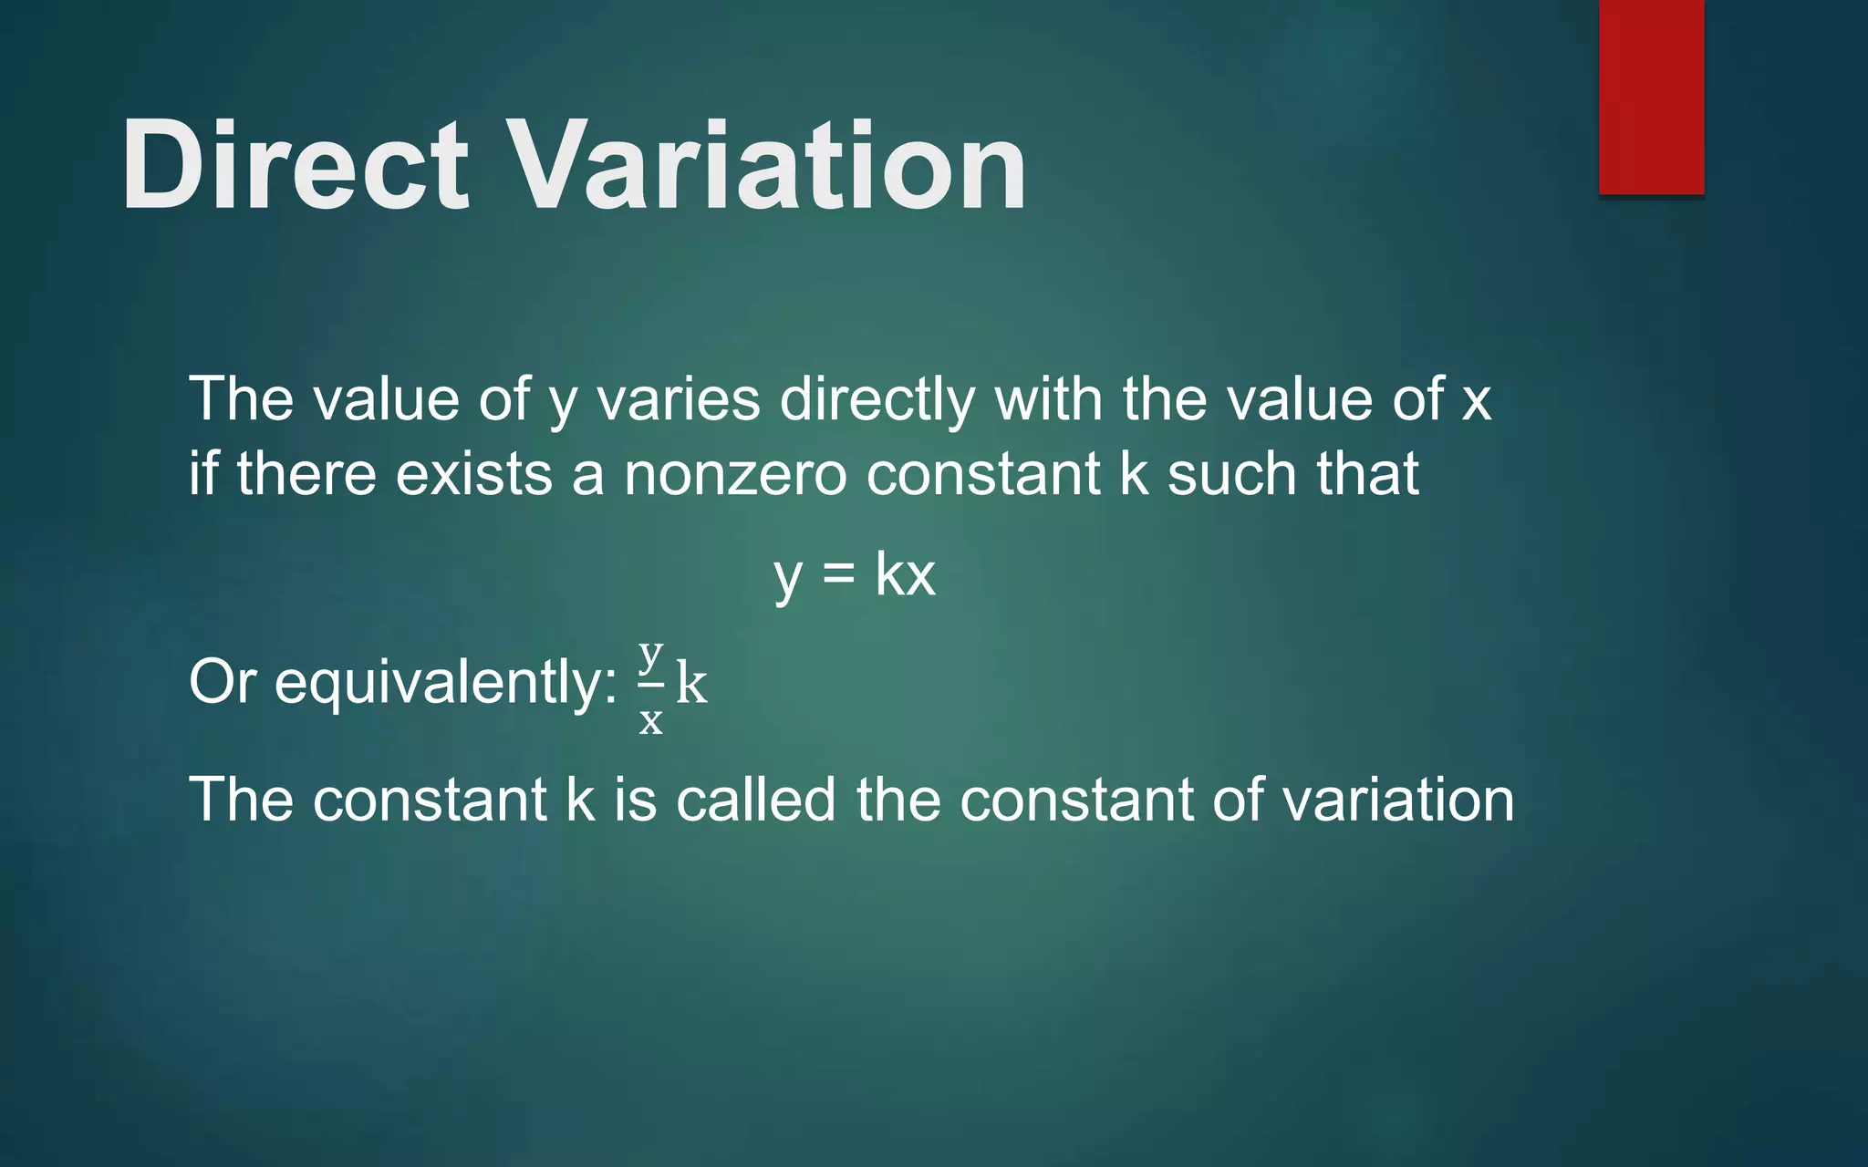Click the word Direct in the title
[294, 166]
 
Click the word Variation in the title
[766, 166]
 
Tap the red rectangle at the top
[1651, 97]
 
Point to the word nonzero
[735, 474]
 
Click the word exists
[473, 474]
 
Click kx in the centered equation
[905, 574]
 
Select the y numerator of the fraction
[650, 654]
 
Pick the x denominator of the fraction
[650, 720]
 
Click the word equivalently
[445, 682]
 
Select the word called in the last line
[755, 800]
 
